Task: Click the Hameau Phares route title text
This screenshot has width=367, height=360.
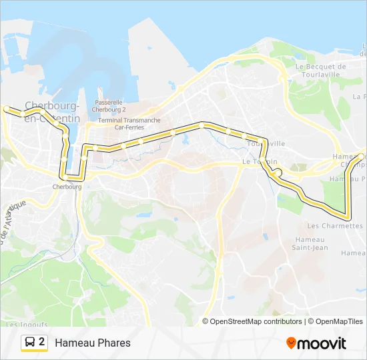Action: click(93, 343)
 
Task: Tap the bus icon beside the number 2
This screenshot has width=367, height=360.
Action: click(30, 343)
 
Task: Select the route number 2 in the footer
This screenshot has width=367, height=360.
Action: click(43, 342)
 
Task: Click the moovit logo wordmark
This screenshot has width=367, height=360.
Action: click(322, 343)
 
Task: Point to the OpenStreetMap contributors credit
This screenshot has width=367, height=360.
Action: click(256, 321)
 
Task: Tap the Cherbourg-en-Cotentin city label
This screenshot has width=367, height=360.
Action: click(52, 111)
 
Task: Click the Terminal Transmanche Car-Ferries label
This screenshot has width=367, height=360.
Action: click(129, 123)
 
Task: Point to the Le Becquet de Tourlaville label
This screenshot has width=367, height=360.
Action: click(320, 70)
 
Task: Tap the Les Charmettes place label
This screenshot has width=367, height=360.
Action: click(335, 226)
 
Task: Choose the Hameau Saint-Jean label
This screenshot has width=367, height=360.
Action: click(310, 244)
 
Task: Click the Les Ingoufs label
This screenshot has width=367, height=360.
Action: click(21, 325)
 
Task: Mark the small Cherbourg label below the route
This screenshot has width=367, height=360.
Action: click(67, 187)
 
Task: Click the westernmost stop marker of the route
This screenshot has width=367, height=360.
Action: click(7, 108)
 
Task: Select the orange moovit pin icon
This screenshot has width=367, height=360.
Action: click(292, 343)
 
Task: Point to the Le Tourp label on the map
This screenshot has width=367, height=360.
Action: click(255, 161)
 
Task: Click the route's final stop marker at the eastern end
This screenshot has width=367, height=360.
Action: click(360, 156)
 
